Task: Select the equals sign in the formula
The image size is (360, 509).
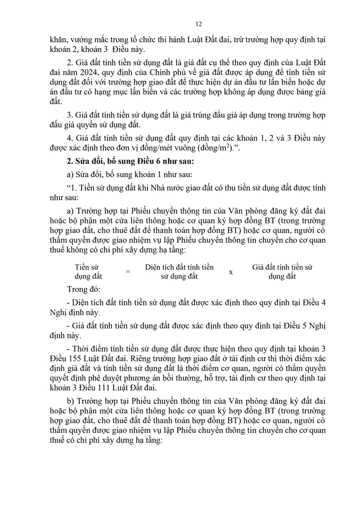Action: (x=127, y=272)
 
